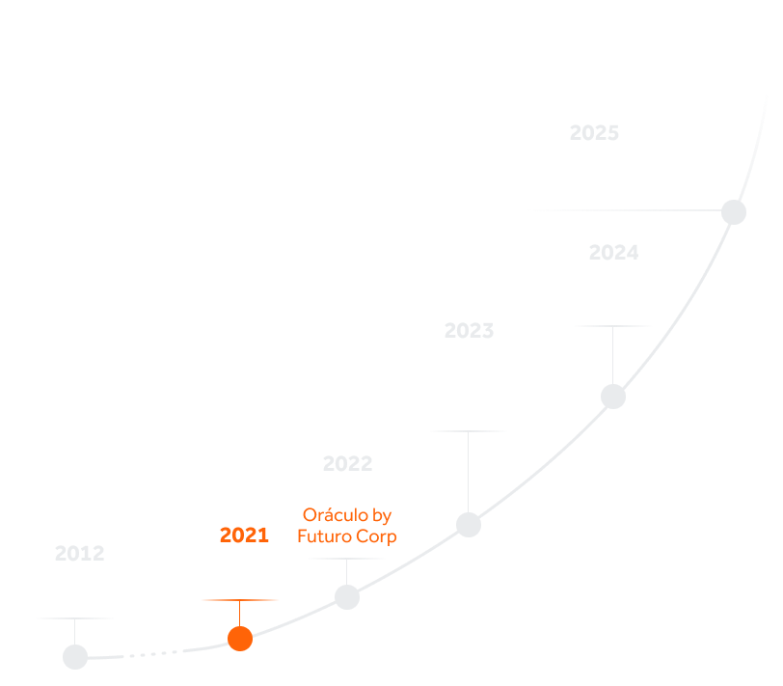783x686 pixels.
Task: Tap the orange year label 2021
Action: [244, 535]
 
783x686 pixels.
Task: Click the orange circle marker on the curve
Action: [240, 638]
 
